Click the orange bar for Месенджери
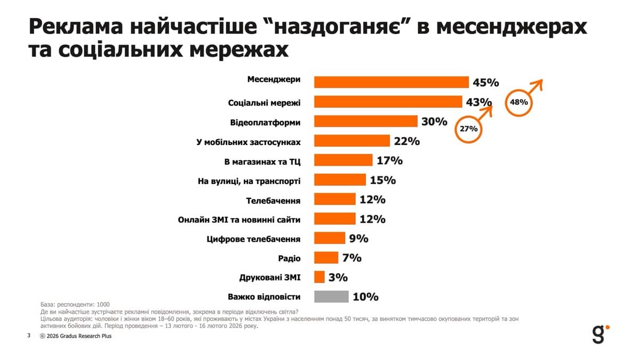point(391,82)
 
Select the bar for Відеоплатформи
point(365,121)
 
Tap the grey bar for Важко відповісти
point(331,297)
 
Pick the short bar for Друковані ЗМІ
point(319,277)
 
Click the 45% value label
point(485,83)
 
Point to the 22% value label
point(407,141)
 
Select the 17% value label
point(389,161)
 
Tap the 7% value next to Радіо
point(352,258)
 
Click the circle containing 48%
point(518,102)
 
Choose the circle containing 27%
point(468,129)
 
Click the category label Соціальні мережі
point(264,102)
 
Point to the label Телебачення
point(273,201)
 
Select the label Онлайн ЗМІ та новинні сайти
point(239,219)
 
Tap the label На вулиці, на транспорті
point(249,181)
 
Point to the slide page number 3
point(28,336)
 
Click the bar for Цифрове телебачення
point(330,238)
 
